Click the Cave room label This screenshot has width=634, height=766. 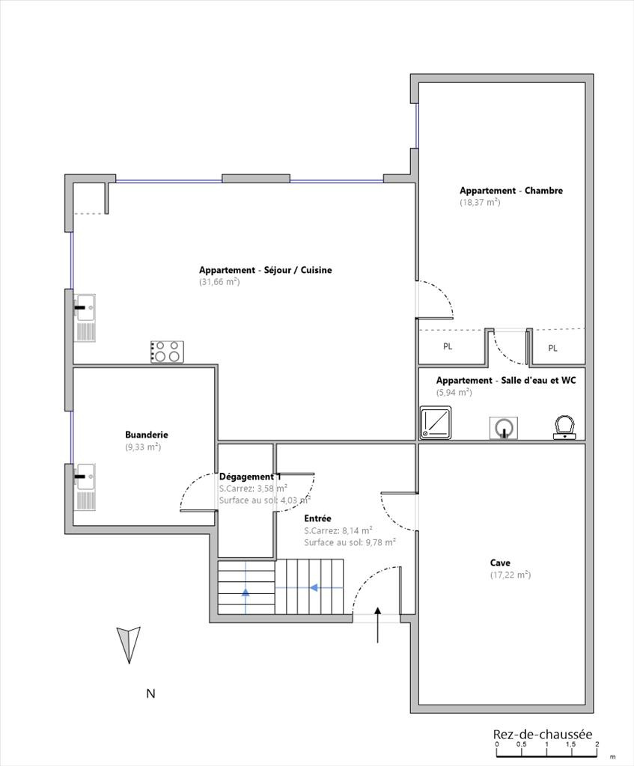click(x=500, y=563)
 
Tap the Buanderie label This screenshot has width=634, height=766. click(x=147, y=435)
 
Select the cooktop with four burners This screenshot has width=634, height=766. click(x=167, y=352)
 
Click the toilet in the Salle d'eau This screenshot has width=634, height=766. click(x=564, y=427)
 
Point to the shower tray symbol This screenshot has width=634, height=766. click(x=436, y=422)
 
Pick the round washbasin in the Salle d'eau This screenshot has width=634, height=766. click(x=504, y=428)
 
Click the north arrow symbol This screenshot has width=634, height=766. click(x=129, y=645)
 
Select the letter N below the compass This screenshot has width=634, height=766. click(x=150, y=693)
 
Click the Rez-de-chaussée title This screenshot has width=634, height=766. click(x=543, y=735)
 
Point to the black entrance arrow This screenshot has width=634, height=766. click(x=377, y=625)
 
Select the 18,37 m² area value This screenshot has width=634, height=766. click(x=480, y=202)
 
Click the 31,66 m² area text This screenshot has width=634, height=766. click(x=219, y=282)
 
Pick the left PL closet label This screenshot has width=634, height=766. click(x=448, y=346)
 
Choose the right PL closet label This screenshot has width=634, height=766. click(x=553, y=349)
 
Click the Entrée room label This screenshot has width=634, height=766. click(x=317, y=518)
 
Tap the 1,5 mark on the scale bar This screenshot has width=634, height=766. click(x=571, y=744)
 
